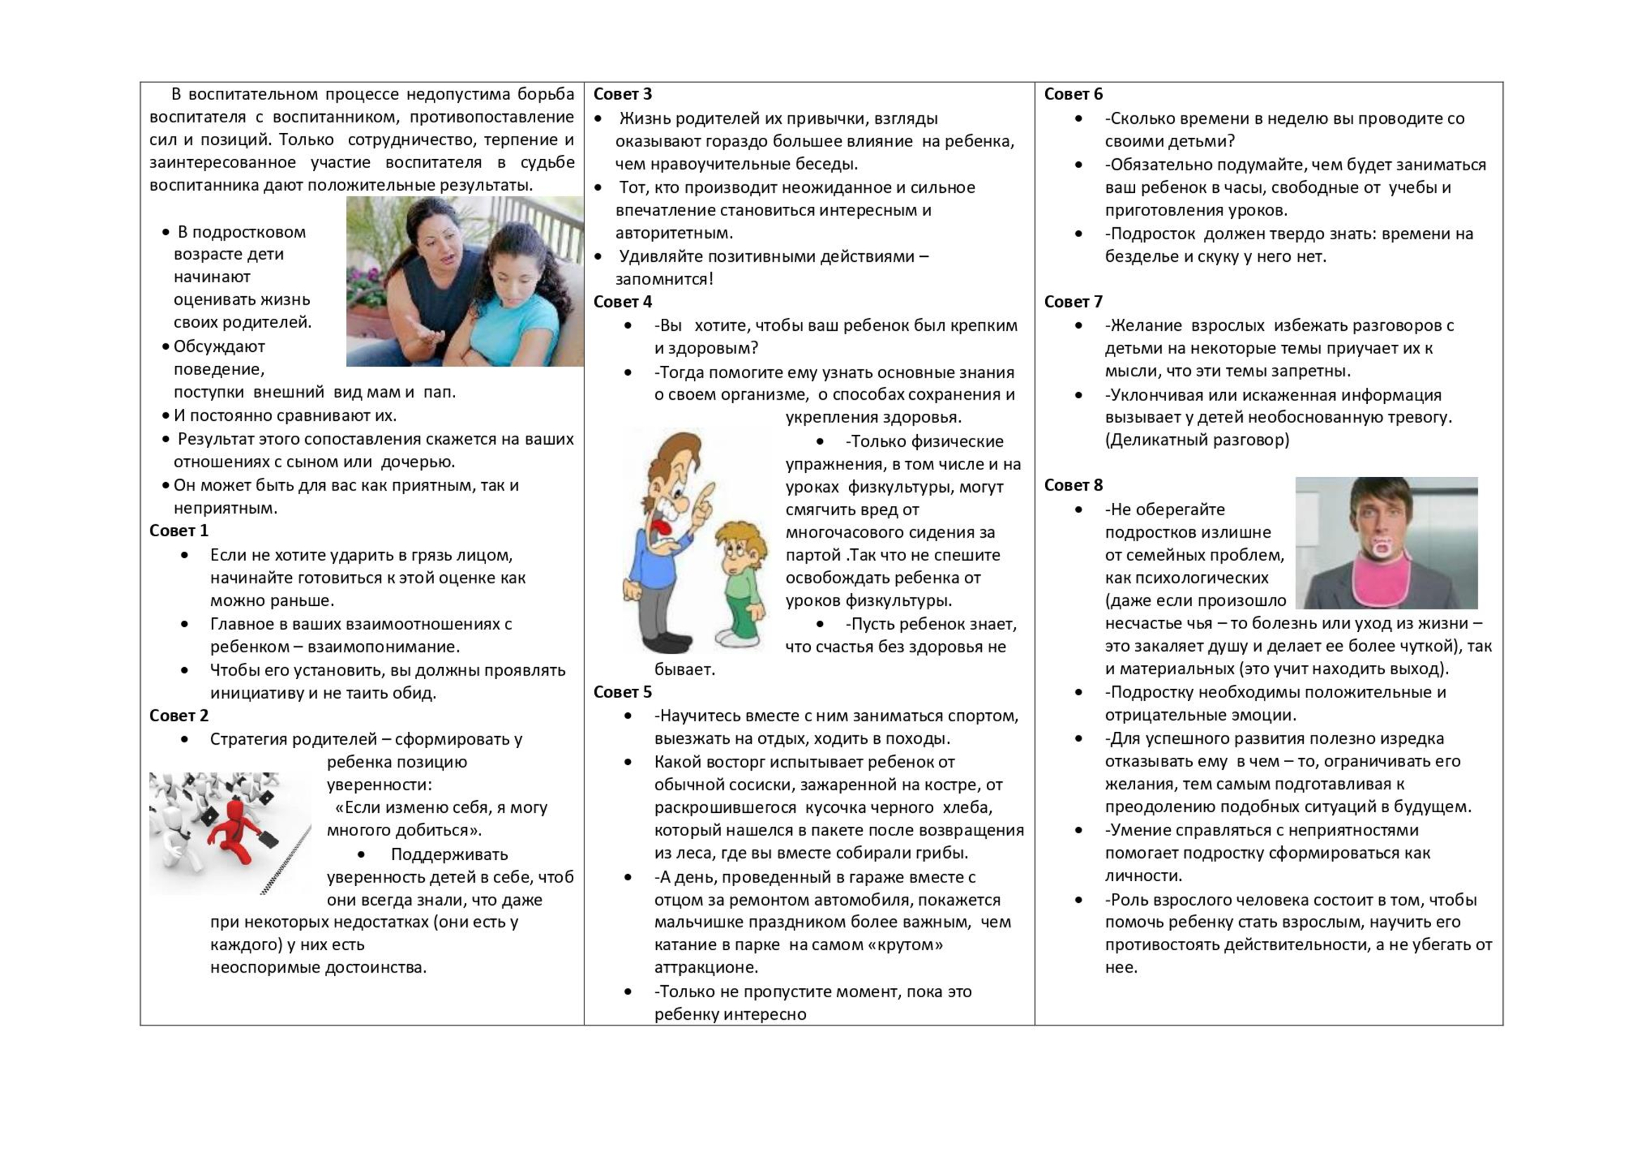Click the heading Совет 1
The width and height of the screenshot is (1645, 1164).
(x=179, y=531)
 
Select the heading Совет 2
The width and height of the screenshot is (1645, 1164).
(x=179, y=715)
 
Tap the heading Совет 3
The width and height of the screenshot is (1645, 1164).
(x=622, y=94)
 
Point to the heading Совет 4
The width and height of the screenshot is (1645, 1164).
(x=622, y=302)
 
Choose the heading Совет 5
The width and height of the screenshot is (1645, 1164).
(x=622, y=692)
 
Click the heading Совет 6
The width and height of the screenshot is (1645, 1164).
(x=1073, y=94)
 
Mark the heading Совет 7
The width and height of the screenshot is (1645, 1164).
(x=1073, y=302)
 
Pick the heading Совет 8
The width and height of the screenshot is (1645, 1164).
(x=1073, y=486)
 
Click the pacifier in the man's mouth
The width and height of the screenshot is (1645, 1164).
(x=1381, y=548)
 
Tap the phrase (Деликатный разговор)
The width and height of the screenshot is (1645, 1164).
(x=1196, y=440)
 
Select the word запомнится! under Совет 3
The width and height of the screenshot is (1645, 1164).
(x=664, y=279)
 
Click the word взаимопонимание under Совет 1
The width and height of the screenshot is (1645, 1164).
(x=383, y=647)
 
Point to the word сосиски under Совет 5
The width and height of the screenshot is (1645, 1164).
(x=760, y=785)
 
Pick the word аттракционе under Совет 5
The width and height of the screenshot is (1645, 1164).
(x=705, y=968)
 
